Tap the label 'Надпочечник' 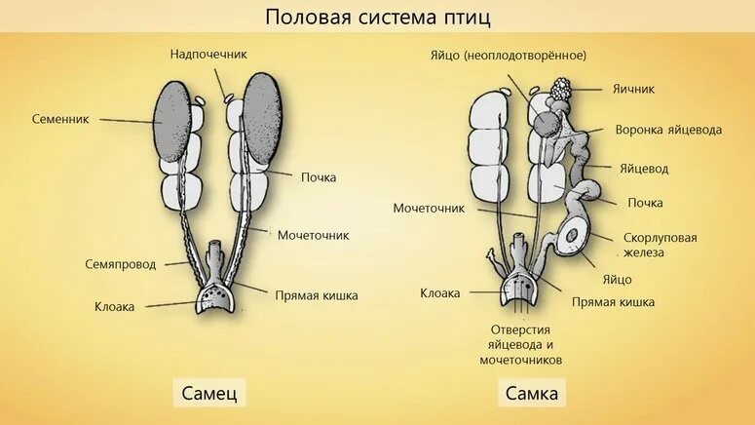(x=208, y=54)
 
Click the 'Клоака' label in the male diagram (x=115, y=305)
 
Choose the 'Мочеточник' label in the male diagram (x=313, y=235)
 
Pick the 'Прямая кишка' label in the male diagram (x=316, y=294)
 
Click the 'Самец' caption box (x=208, y=394)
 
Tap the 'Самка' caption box (x=532, y=394)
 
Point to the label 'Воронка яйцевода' (x=668, y=130)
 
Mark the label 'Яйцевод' (x=644, y=168)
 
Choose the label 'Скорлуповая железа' (x=660, y=245)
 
